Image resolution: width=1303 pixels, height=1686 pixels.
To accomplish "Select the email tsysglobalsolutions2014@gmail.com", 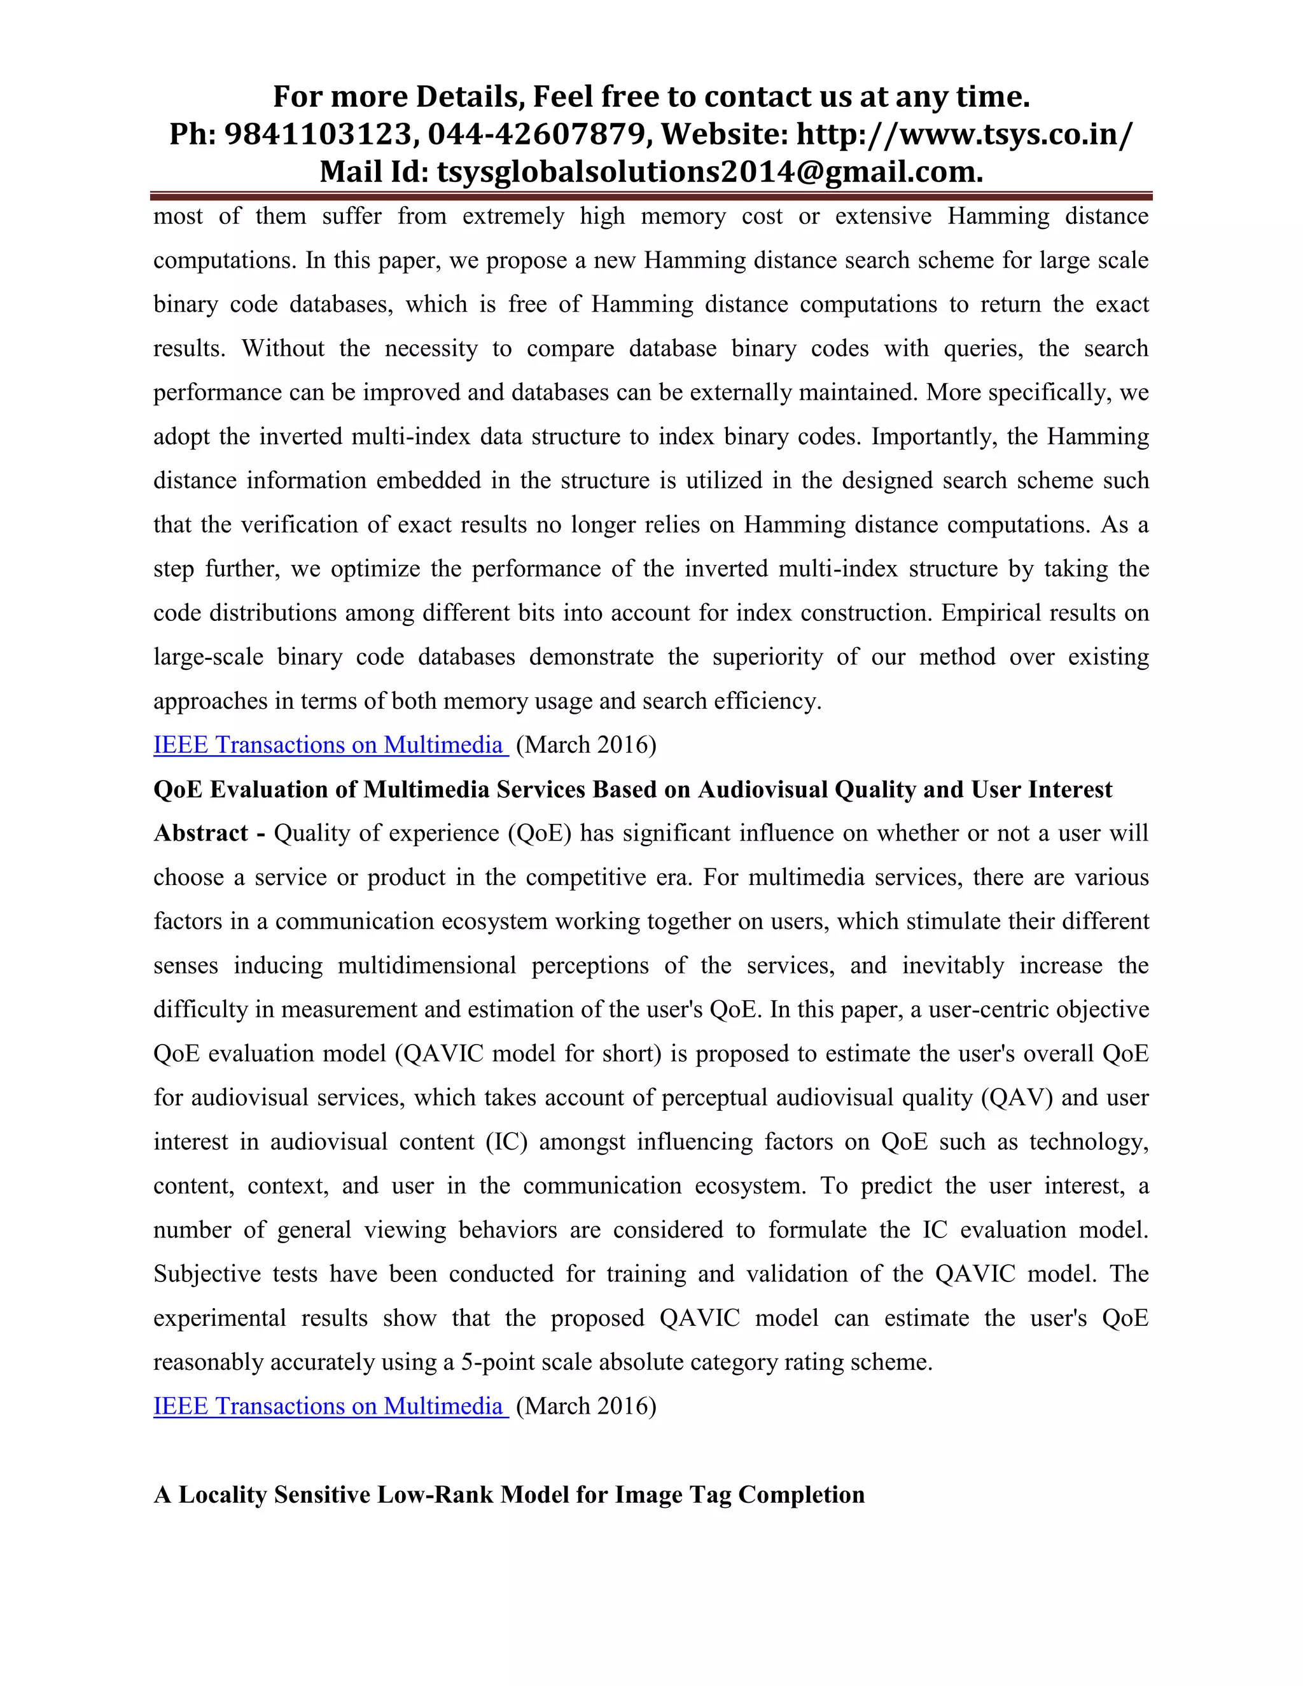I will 709,171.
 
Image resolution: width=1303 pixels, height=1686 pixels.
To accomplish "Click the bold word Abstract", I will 200,833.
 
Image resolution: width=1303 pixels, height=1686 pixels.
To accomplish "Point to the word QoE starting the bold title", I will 178,790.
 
